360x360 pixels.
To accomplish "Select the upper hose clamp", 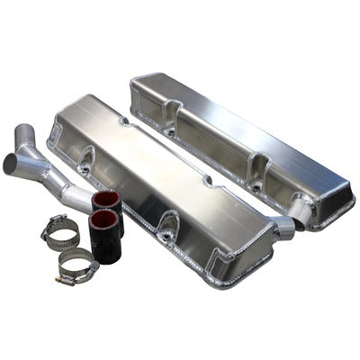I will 60,232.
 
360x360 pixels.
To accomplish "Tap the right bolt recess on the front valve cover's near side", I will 169,221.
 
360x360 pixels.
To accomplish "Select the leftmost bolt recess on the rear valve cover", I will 168,130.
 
